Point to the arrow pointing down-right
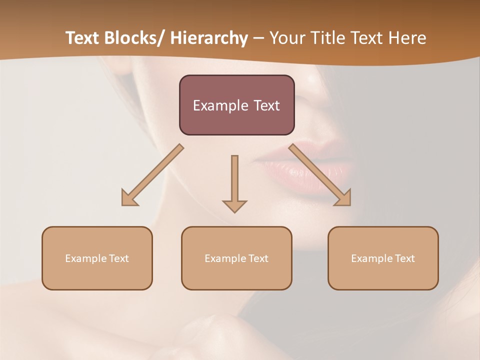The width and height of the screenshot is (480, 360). pos(320,175)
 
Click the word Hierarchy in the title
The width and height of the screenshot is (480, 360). pos(209,38)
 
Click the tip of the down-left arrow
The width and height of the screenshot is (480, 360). pos(123,204)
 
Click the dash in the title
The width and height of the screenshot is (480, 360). pos(258,38)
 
